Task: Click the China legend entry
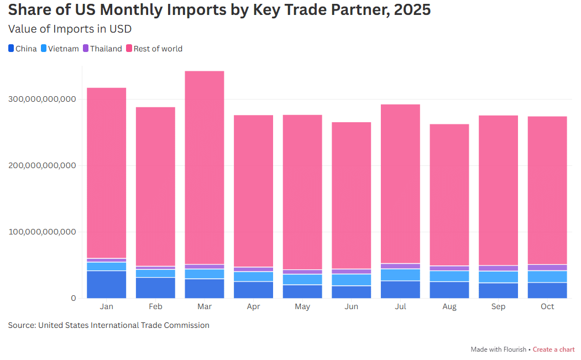click(23, 49)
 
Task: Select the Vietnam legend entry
click(60, 49)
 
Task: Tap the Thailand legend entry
click(102, 49)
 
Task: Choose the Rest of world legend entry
click(154, 49)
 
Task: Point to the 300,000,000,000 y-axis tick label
click(42, 100)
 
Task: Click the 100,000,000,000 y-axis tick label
click(42, 232)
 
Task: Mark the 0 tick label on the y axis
click(72, 299)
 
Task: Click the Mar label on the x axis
click(205, 307)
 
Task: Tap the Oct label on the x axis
click(547, 307)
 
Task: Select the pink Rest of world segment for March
click(205, 166)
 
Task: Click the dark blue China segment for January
click(107, 284)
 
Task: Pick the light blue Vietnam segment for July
click(400, 275)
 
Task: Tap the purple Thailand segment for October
click(547, 268)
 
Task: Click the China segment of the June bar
click(352, 292)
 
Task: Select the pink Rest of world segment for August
click(449, 194)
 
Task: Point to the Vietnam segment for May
click(302, 279)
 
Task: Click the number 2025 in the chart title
click(412, 10)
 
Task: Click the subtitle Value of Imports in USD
click(70, 29)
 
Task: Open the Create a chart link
click(553, 349)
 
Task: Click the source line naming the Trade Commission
click(108, 325)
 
